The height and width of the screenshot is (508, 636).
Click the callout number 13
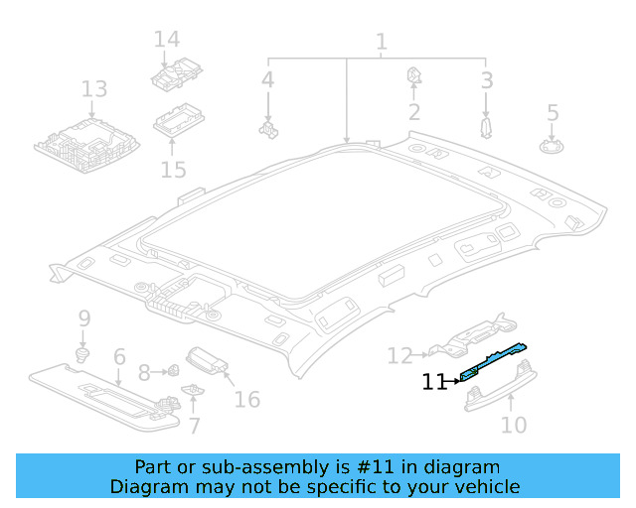click(93, 90)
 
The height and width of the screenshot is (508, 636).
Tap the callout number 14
click(166, 40)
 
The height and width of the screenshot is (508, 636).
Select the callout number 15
click(173, 170)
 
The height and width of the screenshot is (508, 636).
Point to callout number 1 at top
click(381, 43)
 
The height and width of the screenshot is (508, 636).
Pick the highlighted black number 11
click(434, 381)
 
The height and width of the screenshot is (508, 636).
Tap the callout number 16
click(246, 399)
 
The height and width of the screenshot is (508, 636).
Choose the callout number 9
click(84, 318)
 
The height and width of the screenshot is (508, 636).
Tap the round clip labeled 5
click(552, 147)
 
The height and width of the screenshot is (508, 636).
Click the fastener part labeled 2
click(413, 75)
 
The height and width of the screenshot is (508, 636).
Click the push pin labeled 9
click(83, 352)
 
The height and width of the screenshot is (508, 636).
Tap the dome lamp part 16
click(205, 360)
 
